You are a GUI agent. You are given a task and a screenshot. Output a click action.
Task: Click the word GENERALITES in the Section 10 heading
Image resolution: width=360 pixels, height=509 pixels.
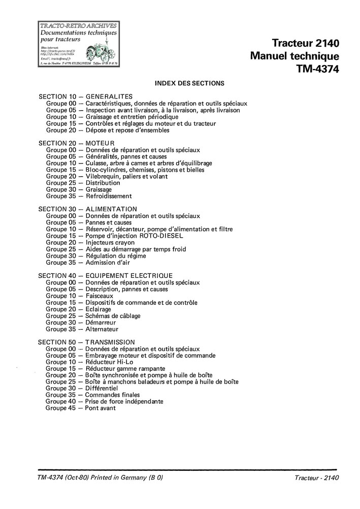tap(109, 97)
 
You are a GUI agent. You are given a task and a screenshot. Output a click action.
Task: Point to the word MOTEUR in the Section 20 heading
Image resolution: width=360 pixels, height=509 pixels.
tap(100, 143)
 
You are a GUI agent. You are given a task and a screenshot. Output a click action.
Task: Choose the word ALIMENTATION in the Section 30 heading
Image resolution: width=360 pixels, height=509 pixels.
tap(111, 209)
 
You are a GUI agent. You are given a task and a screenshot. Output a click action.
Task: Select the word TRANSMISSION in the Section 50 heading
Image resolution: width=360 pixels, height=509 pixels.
tap(110, 342)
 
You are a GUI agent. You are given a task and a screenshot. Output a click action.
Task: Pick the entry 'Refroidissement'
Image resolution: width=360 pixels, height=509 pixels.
tap(109, 196)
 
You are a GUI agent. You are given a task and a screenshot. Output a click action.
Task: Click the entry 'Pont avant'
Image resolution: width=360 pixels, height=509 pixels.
tap(101, 408)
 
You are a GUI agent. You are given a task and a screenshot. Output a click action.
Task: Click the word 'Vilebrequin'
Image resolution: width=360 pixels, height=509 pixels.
tap(103, 176)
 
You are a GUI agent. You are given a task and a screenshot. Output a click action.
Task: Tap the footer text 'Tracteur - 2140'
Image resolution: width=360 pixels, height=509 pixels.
tap(316, 478)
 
